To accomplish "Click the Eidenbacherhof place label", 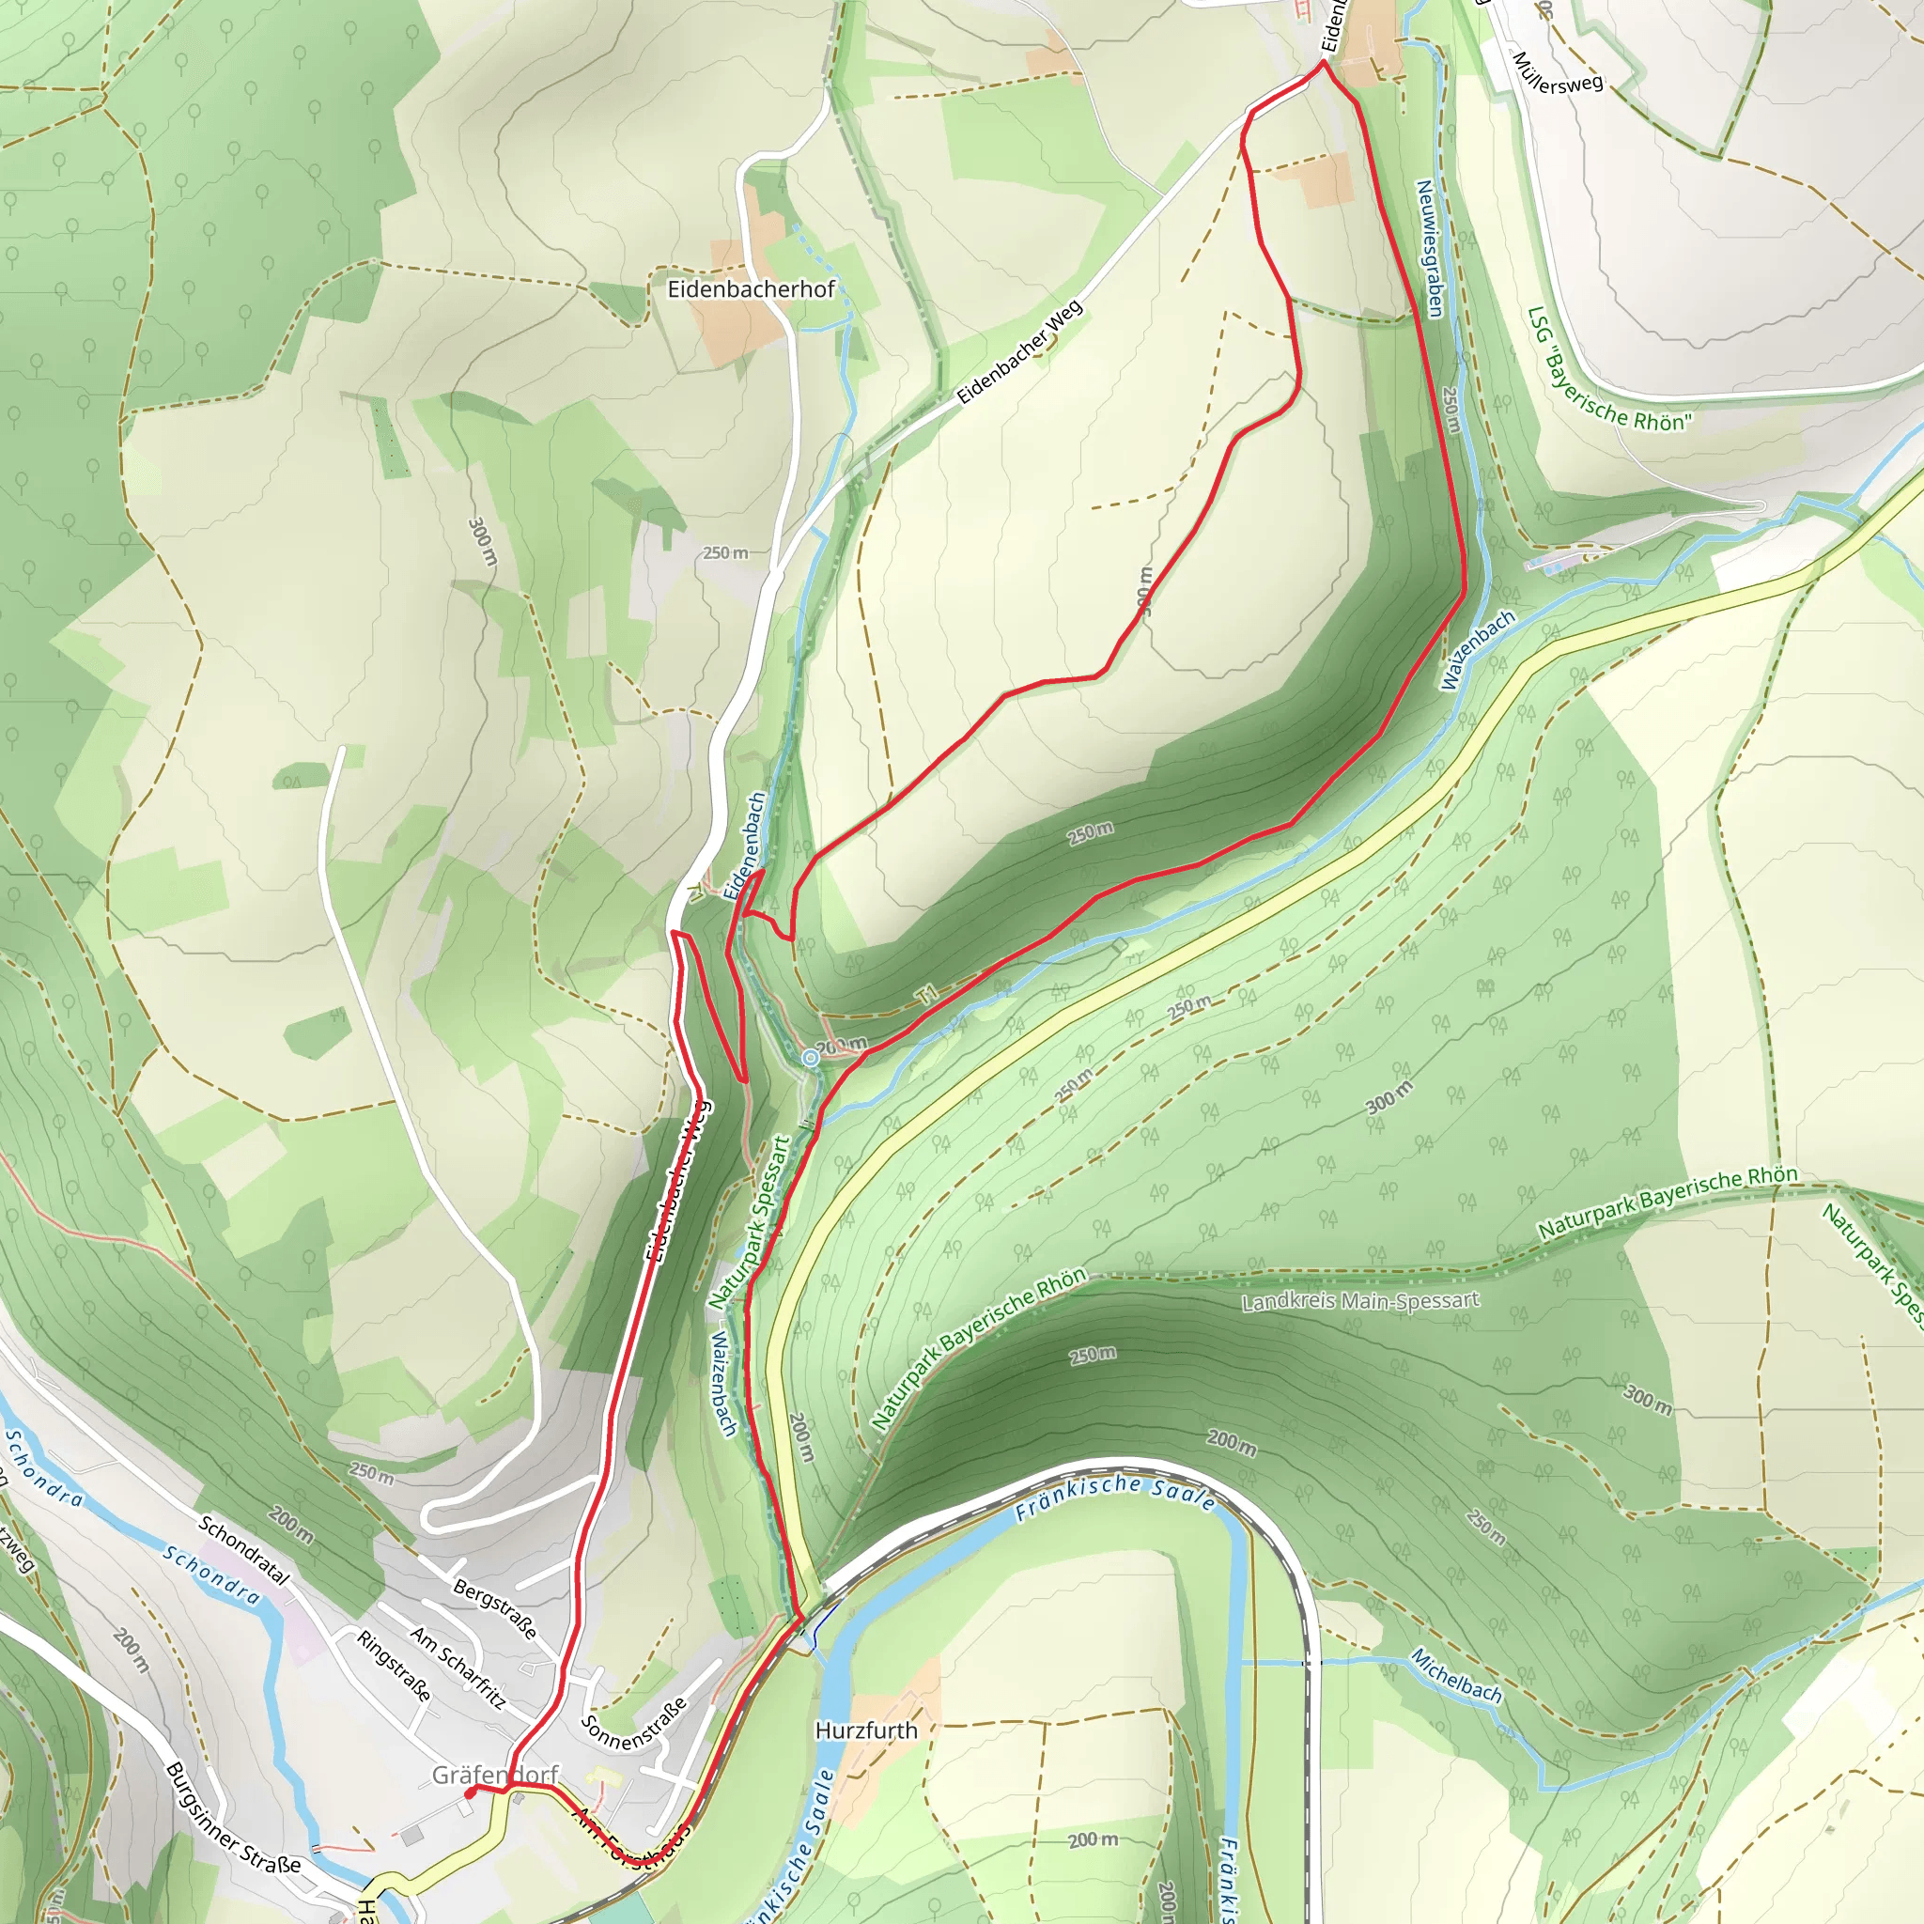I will (x=751, y=289).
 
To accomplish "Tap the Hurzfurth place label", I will (x=865, y=1730).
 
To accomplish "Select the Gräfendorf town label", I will (x=495, y=1775).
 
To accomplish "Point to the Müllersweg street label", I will (x=1558, y=72).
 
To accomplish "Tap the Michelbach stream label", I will (x=1456, y=1675).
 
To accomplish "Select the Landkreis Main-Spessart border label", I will (x=1360, y=1301).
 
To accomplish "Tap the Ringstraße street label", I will (x=395, y=1666).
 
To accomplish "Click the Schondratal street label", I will (x=244, y=1550).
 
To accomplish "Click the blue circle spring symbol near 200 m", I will (x=812, y=1058).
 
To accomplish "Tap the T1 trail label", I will (x=928, y=994).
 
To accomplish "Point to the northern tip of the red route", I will (x=1324, y=62).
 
